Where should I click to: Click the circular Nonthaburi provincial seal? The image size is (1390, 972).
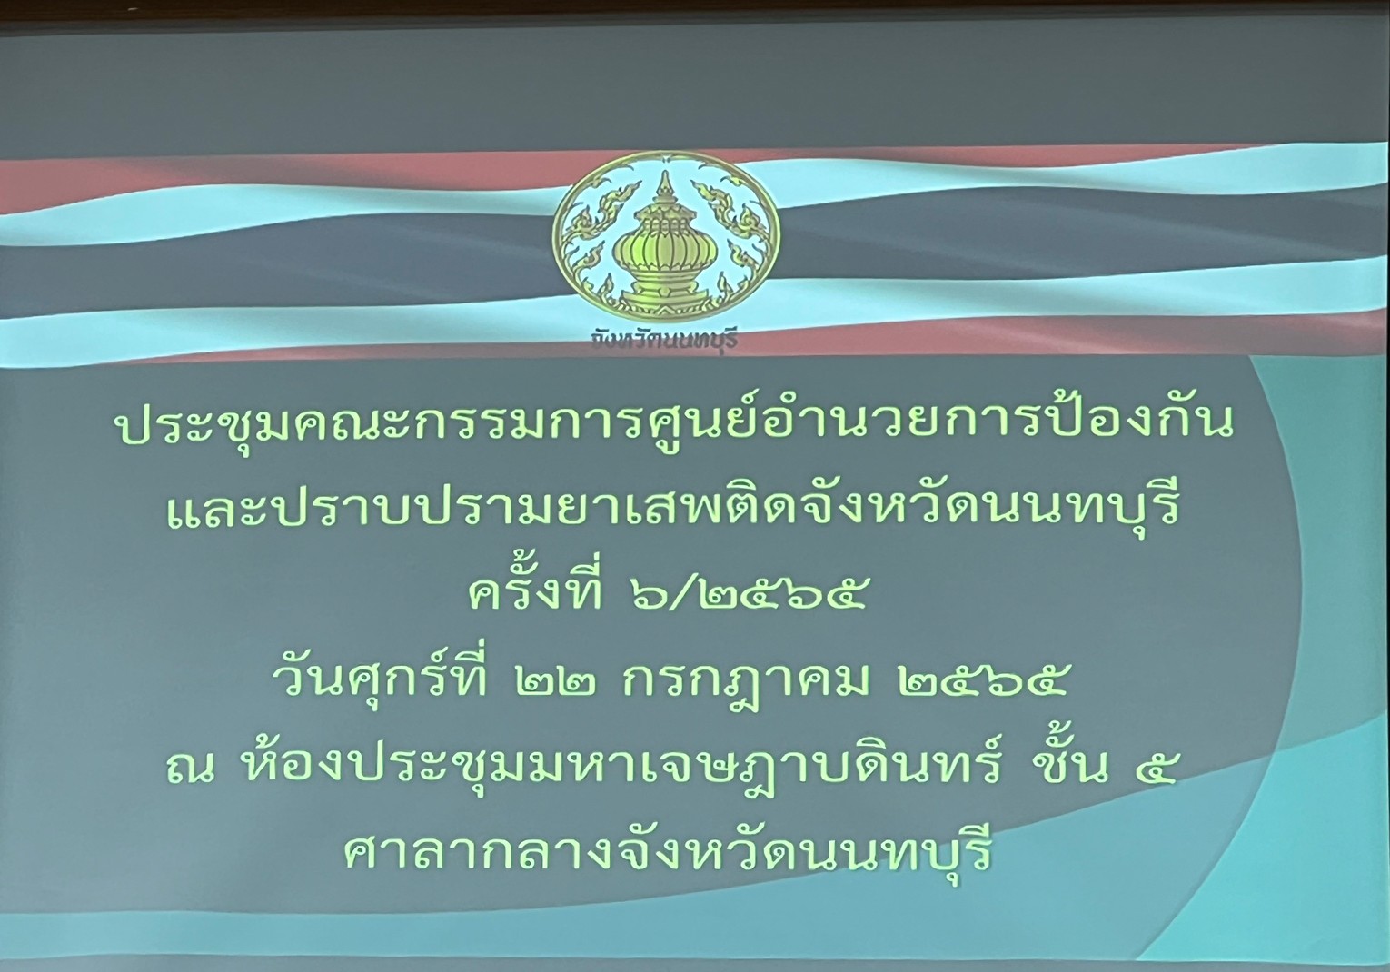(x=666, y=237)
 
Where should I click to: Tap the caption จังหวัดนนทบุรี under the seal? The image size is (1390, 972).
(x=665, y=340)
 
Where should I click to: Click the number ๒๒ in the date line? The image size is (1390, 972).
(x=554, y=681)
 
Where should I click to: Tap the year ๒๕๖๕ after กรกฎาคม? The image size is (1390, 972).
(x=984, y=681)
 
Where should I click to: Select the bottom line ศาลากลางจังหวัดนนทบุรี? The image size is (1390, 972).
(x=667, y=854)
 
